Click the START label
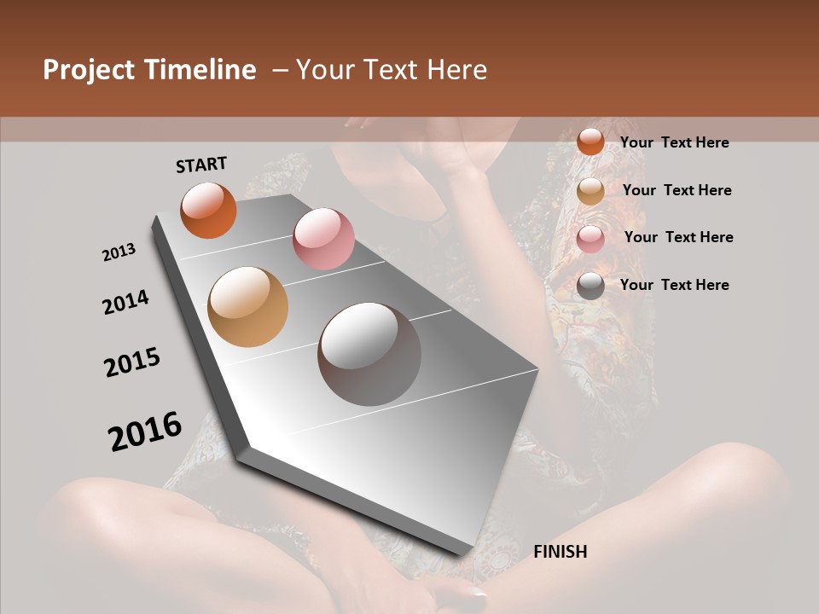pyautogui.click(x=201, y=165)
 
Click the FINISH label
pyautogui.click(x=561, y=552)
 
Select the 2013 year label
pyautogui.click(x=119, y=252)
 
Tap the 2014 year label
pyautogui.click(x=126, y=302)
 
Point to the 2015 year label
pyautogui.click(x=132, y=362)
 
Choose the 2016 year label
pyautogui.click(x=145, y=431)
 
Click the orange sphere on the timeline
pyautogui.click(x=208, y=210)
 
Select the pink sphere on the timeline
pyautogui.click(x=323, y=238)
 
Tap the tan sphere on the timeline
pyautogui.click(x=248, y=307)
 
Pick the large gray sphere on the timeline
pyautogui.click(x=369, y=354)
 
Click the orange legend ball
pyautogui.click(x=590, y=142)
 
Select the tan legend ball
pyautogui.click(x=590, y=191)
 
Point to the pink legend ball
pyautogui.click(x=590, y=239)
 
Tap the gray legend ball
pyautogui.click(x=590, y=286)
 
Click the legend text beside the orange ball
pyautogui.click(x=674, y=142)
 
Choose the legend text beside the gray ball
pyautogui.click(x=674, y=285)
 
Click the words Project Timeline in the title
pyautogui.click(x=149, y=70)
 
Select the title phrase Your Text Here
pyautogui.click(x=392, y=70)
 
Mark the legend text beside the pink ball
pyautogui.click(x=678, y=237)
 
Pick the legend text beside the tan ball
pyautogui.click(x=677, y=190)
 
